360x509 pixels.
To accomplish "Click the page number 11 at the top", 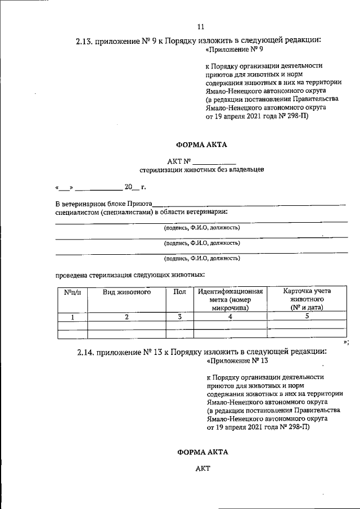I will (201, 26).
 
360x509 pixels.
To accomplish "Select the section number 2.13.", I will (85, 41).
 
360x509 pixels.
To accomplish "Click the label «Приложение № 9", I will (231, 49).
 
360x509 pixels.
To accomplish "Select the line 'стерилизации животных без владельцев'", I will (201, 169).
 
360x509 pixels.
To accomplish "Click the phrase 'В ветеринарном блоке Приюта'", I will (103, 204).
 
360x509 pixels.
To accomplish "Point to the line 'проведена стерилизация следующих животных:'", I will (129, 275).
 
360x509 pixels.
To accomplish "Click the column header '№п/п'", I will (73, 291).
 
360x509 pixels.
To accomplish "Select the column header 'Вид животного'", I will (127, 291).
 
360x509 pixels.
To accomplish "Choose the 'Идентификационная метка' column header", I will (230, 299).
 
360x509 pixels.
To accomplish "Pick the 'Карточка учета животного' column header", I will (307, 299).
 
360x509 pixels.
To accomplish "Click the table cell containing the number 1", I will (73, 317).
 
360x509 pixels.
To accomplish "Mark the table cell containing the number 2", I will (127, 317).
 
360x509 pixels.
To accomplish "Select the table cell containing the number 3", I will (179, 317).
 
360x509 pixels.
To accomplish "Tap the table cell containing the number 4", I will (230, 317).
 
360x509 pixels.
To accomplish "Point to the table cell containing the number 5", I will (307, 317).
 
